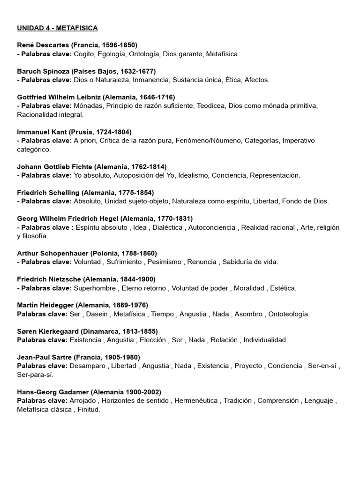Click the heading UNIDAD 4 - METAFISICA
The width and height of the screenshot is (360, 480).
point(57,28)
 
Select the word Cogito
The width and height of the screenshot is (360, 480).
point(85,54)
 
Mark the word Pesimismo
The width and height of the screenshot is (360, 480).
point(164,262)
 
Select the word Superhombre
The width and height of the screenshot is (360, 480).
point(93,288)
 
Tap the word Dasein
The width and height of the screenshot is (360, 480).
point(97,314)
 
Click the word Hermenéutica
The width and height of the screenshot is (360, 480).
point(196,401)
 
